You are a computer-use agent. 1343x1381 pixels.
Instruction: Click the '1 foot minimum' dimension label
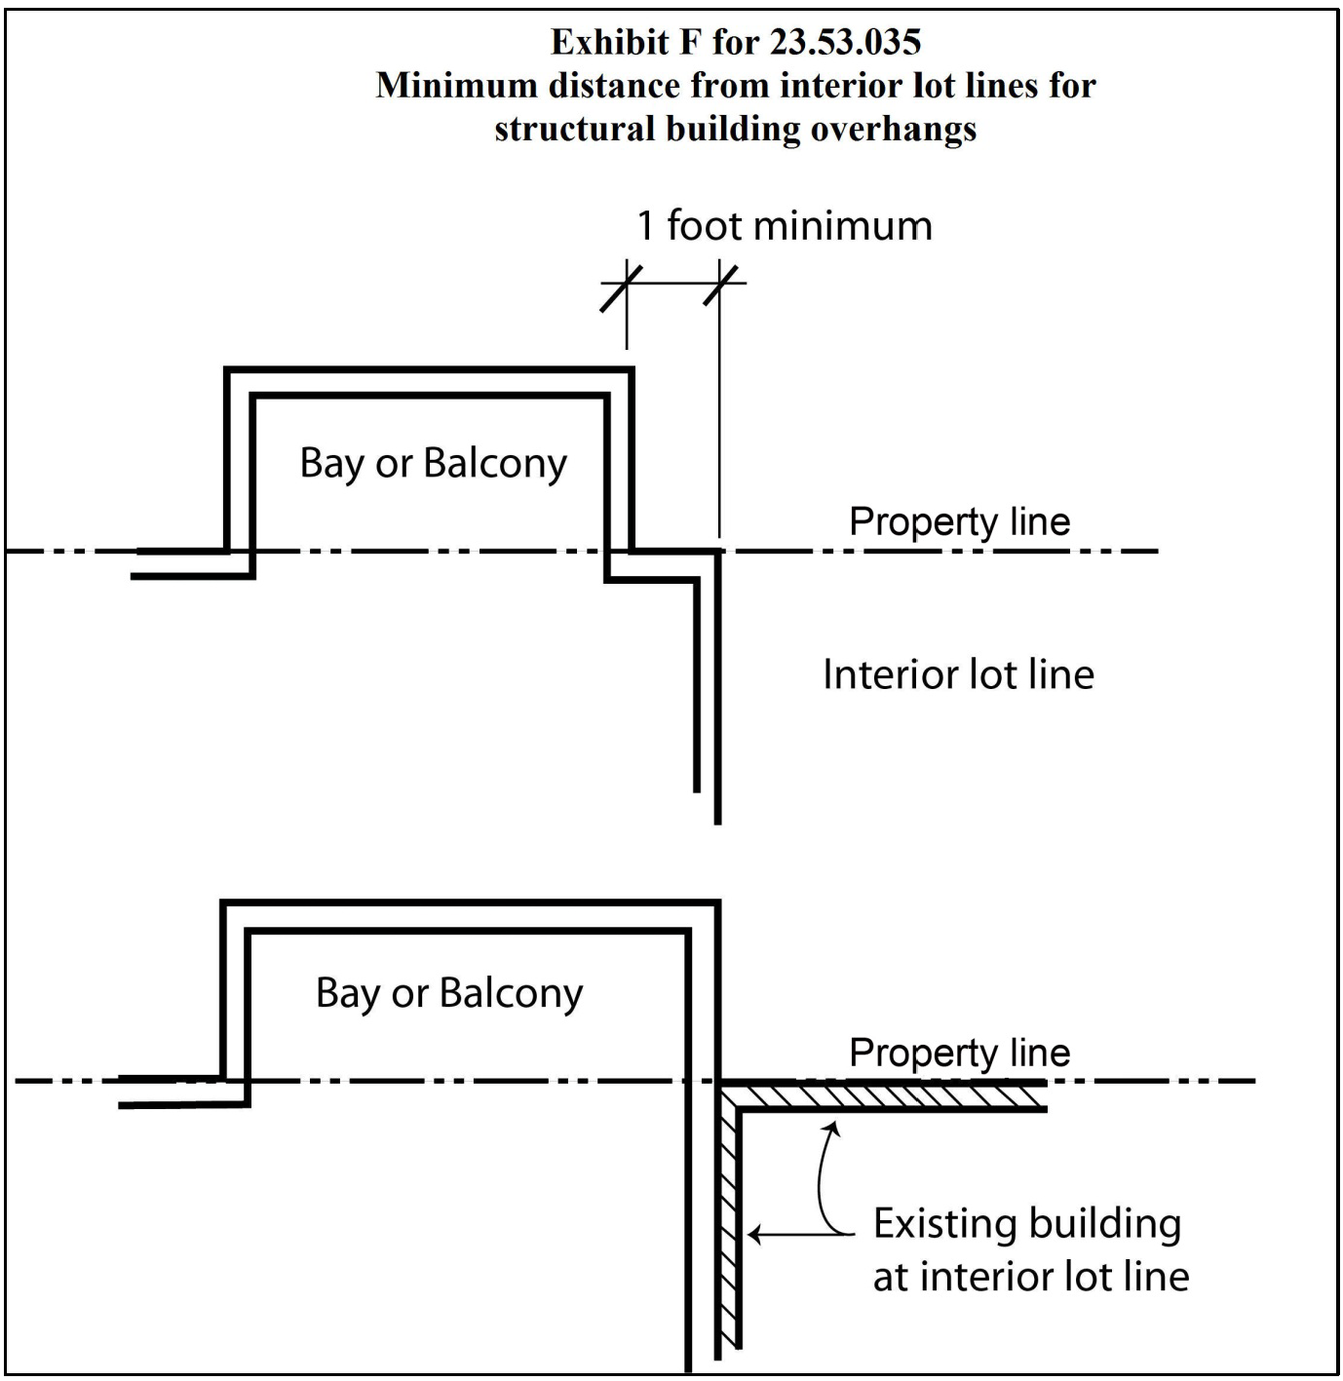(785, 226)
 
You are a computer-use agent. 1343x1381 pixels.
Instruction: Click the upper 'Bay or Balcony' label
(433, 463)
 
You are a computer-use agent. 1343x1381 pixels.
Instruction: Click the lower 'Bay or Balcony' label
(449, 993)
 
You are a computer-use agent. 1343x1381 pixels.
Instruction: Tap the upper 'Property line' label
(959, 521)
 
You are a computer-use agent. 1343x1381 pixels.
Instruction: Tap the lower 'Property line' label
(959, 1053)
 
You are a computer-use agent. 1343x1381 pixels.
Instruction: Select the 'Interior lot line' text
(958, 674)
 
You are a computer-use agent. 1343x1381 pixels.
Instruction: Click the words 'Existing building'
(1026, 1223)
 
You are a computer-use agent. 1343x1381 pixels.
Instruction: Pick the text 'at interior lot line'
(1030, 1276)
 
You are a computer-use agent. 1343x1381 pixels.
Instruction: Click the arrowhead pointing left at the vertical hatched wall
(752, 1236)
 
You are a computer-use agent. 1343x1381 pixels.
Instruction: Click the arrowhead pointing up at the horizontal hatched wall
(831, 1128)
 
